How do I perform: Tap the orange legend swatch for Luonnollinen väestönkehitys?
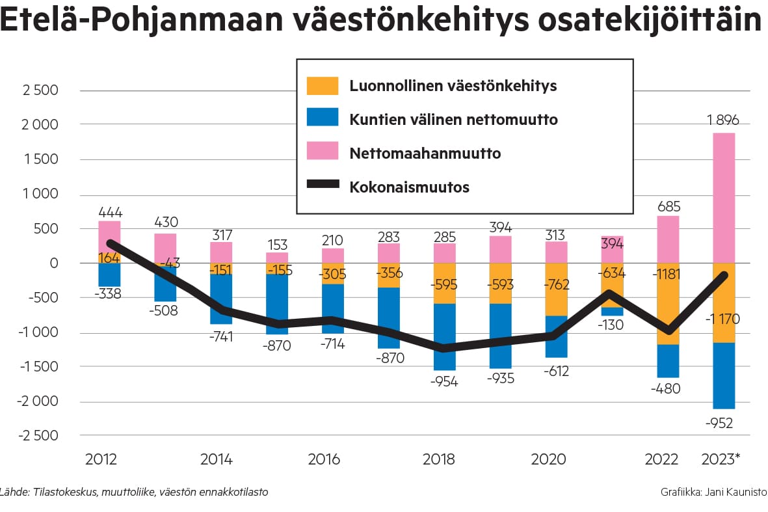tap(323, 86)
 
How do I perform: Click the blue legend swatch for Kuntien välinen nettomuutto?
tap(323, 119)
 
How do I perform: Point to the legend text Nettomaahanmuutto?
tap(425, 154)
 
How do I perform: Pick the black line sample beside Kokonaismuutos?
tap(323, 187)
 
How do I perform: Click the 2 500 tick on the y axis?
tap(40, 90)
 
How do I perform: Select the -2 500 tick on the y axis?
tap(37, 436)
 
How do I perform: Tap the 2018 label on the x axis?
tap(439, 459)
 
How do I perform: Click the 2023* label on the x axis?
tap(721, 459)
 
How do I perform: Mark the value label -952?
tap(719, 424)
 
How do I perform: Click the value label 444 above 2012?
tap(111, 212)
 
